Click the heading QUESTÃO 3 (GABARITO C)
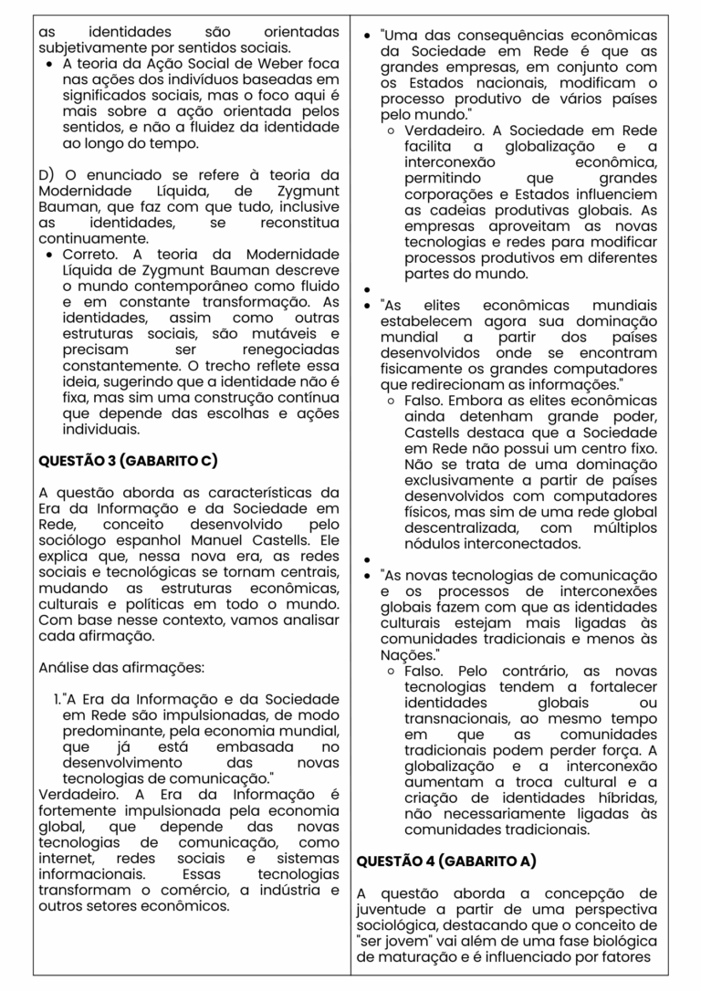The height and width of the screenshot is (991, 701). pos(127,462)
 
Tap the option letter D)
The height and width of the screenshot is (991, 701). pos(47,174)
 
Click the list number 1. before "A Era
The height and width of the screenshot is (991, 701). pos(58,699)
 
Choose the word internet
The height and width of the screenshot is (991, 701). pos(59,860)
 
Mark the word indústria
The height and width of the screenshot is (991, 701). pos(275,891)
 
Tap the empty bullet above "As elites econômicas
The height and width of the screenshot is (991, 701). pos(366,287)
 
